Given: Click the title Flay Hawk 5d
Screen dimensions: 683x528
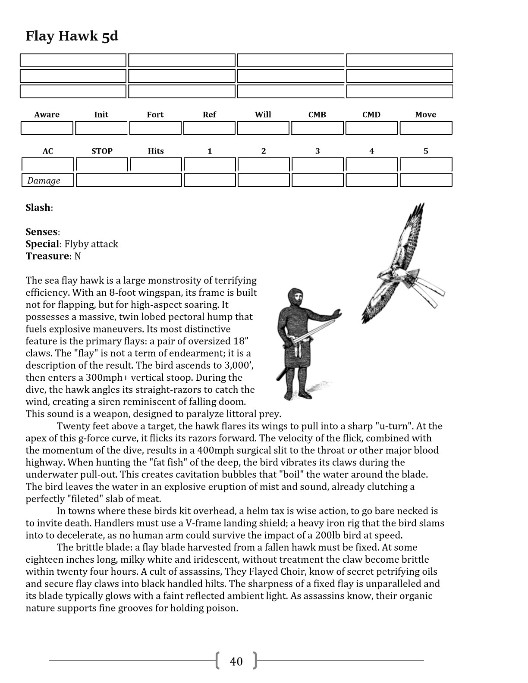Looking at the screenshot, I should (72, 36).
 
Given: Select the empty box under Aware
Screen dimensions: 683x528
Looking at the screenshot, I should (47, 128).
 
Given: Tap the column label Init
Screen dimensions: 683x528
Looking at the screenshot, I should (101, 115).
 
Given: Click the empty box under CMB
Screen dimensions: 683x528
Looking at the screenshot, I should (317, 128).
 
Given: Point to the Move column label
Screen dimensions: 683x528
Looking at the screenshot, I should (425, 115).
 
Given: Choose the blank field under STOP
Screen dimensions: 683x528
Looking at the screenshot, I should (102, 165).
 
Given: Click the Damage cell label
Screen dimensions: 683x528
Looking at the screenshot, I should (44, 181).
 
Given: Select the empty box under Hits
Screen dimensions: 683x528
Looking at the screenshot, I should (156, 165).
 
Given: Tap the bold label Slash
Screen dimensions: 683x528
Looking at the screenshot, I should (38, 208).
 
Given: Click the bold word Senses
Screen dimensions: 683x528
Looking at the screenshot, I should (41, 232).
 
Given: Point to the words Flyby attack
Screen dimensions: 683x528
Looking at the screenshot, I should (91, 244).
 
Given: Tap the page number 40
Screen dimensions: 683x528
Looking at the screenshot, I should (236, 661).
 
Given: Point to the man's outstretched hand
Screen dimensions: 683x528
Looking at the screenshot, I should (335, 313).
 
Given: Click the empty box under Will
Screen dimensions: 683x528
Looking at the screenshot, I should (263, 128).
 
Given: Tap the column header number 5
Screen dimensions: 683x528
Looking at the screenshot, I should (426, 151).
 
